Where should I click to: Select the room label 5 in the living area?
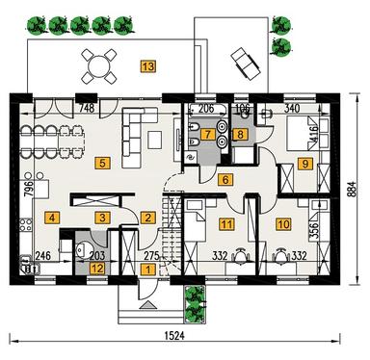(x=102, y=164)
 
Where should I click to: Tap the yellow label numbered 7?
(x=207, y=135)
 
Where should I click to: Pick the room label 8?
(x=241, y=136)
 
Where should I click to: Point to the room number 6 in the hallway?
(x=225, y=179)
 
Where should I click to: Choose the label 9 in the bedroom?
(x=306, y=165)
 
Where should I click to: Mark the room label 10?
(x=282, y=225)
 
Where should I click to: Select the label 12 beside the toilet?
(x=97, y=269)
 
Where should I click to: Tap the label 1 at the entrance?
(x=147, y=270)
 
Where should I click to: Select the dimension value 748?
(x=86, y=109)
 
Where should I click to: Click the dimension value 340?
(x=293, y=109)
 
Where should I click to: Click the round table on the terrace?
(x=100, y=64)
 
